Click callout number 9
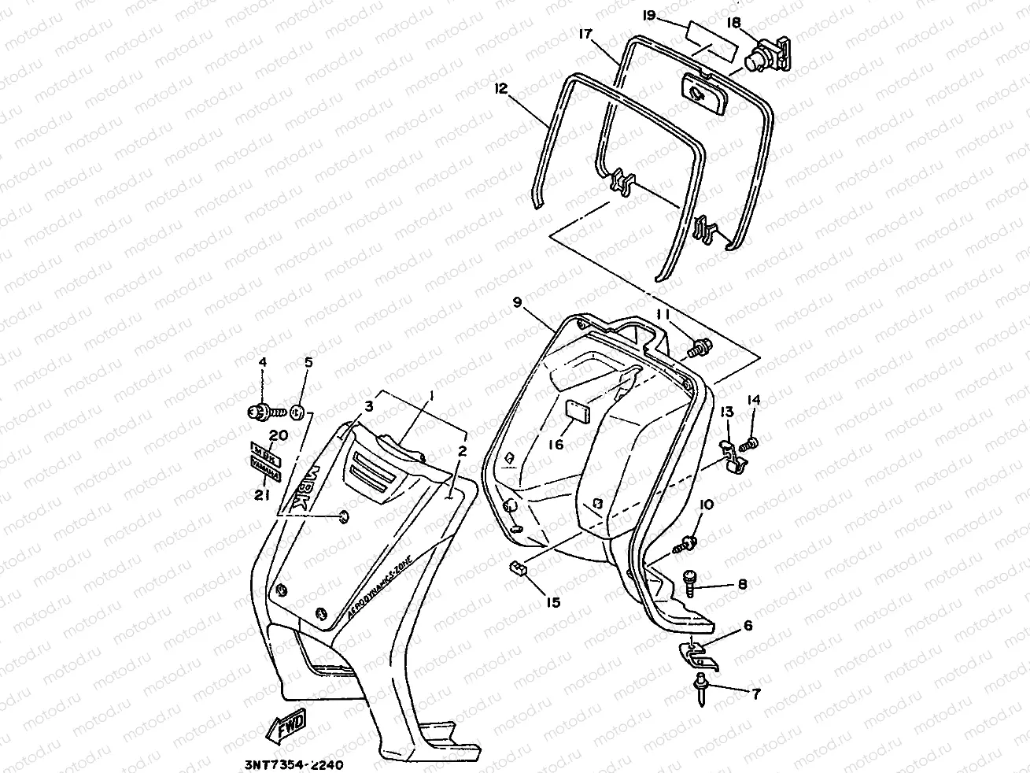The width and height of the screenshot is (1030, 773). click(517, 302)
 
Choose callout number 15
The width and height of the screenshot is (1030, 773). click(554, 602)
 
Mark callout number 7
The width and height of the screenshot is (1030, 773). click(755, 694)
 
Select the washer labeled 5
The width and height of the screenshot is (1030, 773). click(297, 410)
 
